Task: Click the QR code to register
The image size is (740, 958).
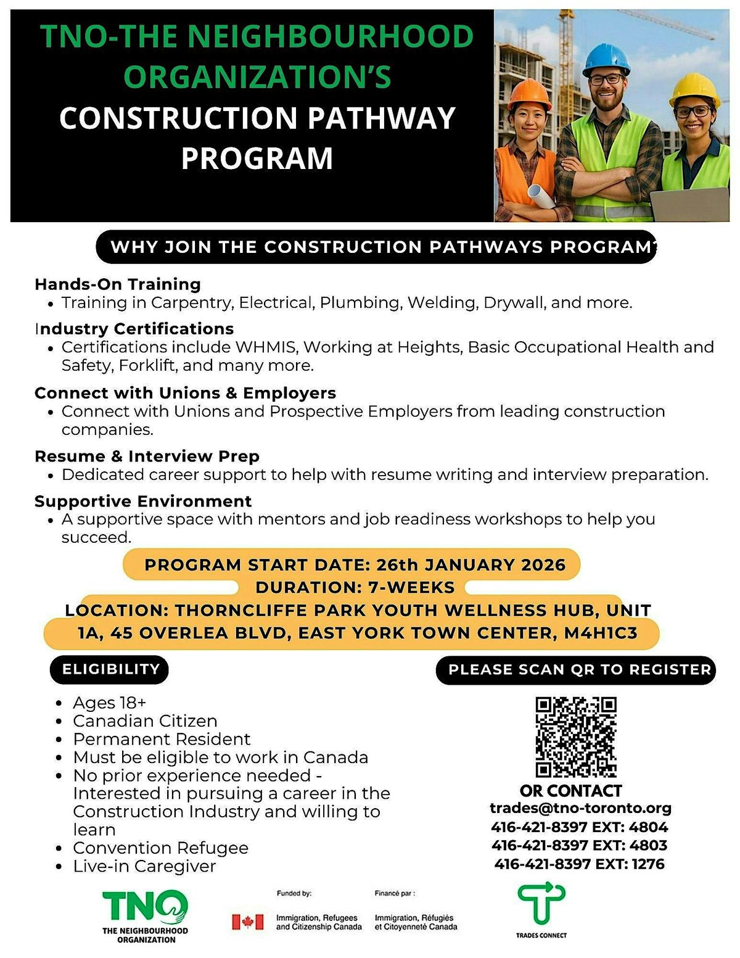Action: point(576,737)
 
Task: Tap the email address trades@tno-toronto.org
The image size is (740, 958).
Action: point(580,808)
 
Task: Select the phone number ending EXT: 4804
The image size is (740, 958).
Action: point(580,827)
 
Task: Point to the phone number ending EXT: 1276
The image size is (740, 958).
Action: point(580,864)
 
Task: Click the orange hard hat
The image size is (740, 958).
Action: point(529,94)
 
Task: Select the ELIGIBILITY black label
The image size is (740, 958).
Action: point(110,669)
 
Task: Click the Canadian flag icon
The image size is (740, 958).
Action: point(248,922)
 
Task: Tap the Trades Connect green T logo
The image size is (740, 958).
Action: point(541,904)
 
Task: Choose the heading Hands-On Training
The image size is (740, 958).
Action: point(118,284)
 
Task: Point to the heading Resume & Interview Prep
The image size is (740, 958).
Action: point(147,456)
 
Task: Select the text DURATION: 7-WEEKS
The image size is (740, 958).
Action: point(355,587)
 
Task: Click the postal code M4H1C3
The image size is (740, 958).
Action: point(600,633)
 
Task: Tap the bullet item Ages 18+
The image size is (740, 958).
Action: point(109,703)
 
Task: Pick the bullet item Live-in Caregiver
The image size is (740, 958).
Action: point(144,866)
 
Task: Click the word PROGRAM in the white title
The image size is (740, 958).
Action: point(257,158)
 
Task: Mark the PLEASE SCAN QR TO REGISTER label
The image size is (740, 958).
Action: point(579,670)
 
